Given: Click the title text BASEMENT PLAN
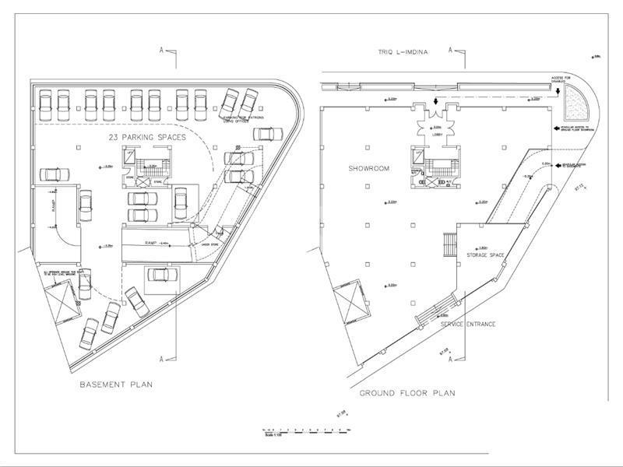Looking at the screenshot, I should (x=117, y=384).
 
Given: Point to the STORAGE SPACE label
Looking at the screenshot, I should (x=487, y=255).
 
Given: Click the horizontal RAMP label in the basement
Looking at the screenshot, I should (x=153, y=243).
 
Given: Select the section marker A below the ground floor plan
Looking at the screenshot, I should (x=451, y=359).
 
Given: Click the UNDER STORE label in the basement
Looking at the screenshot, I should (x=210, y=244).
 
